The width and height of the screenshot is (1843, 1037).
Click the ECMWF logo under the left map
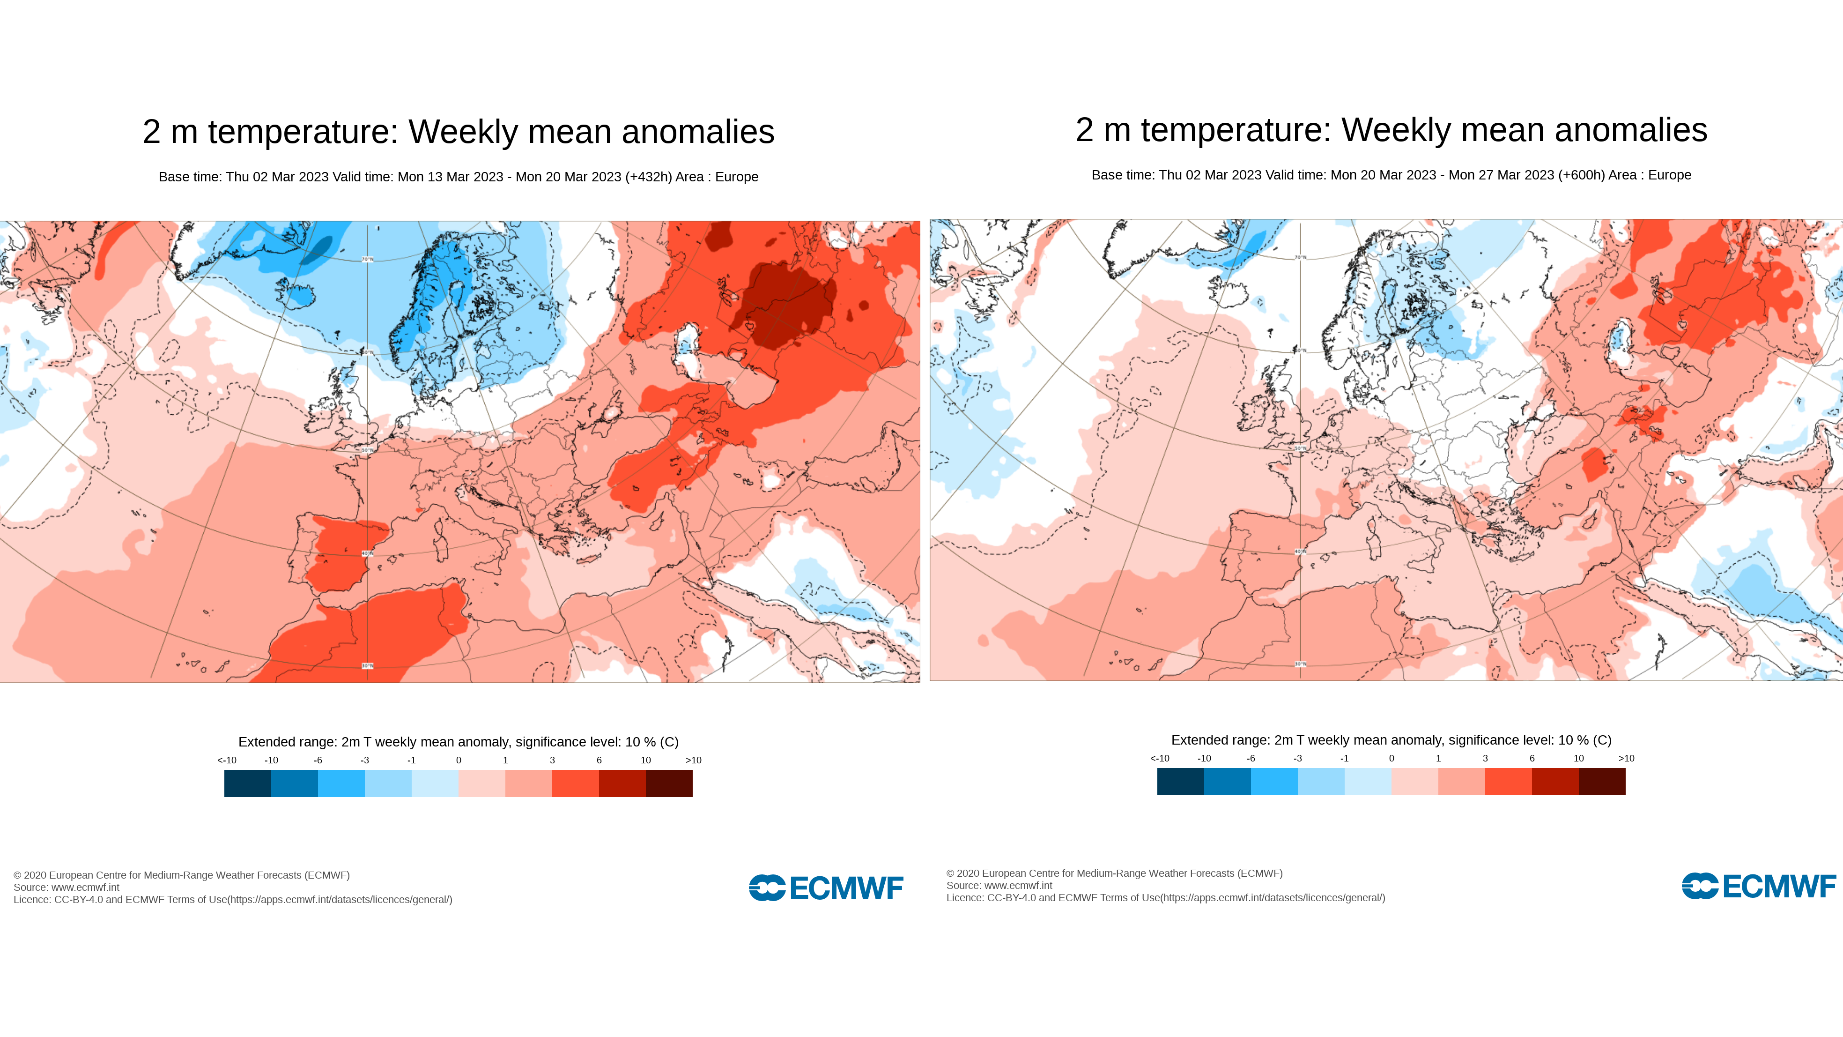pos(826,888)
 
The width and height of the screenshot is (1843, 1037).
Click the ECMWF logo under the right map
pos(1759,886)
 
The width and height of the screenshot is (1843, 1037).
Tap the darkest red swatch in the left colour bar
pos(669,783)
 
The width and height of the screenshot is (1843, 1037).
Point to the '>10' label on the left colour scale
pos(693,760)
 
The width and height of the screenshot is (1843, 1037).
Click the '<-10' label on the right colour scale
pos(1160,758)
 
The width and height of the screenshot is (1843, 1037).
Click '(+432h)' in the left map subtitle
pos(648,177)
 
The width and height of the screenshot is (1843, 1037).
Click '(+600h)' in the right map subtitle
pos(1581,175)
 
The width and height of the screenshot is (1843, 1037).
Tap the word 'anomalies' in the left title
pos(697,132)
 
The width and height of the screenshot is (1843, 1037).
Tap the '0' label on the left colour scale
pos(459,760)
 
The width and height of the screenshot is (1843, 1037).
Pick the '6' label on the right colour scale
pos(1532,758)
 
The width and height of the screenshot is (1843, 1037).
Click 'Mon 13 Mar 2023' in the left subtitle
pos(450,177)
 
